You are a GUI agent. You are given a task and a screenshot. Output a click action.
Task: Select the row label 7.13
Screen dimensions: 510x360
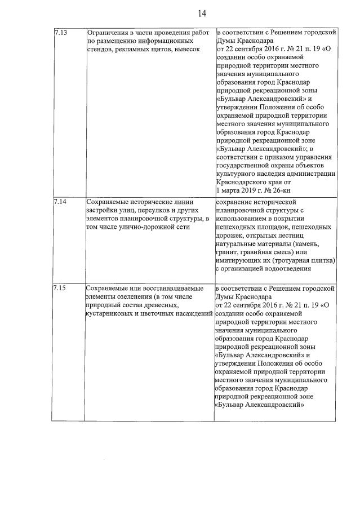tap(60, 33)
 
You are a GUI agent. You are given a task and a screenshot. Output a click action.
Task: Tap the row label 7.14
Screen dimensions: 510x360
tap(60, 202)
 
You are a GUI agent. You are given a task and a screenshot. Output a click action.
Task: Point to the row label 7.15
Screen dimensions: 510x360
tap(60, 289)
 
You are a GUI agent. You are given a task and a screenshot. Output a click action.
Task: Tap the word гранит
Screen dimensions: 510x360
tap(226, 252)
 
